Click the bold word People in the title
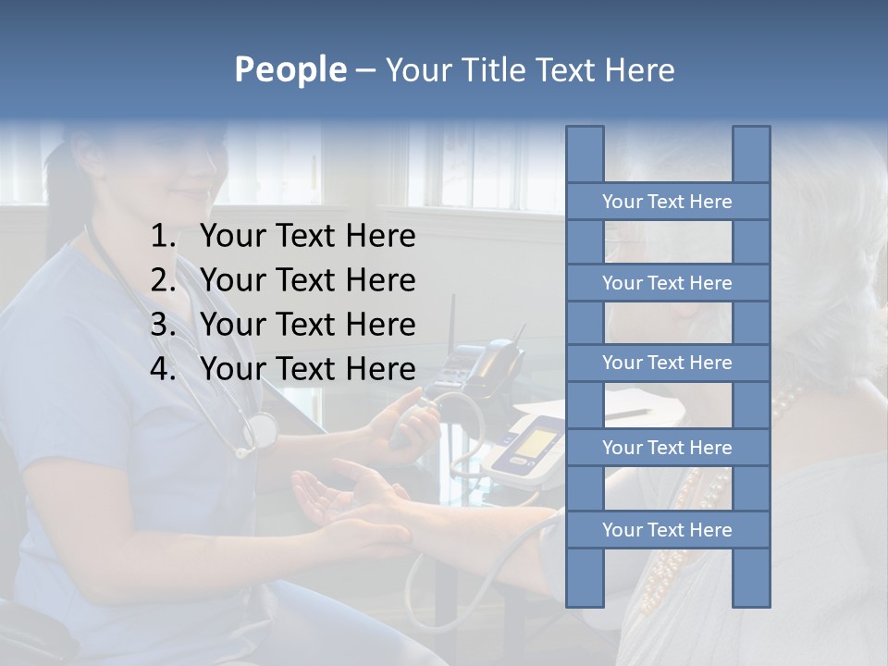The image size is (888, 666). [290, 69]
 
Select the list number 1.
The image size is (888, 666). [163, 237]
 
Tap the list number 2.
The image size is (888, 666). [163, 280]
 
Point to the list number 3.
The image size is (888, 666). [163, 325]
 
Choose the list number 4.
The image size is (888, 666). [163, 369]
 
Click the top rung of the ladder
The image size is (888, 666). [667, 202]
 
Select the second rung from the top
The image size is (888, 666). [667, 283]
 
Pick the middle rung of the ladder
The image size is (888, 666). [667, 363]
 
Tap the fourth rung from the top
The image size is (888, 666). [667, 448]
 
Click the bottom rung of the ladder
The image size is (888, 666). [667, 530]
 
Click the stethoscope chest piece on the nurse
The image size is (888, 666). [262, 429]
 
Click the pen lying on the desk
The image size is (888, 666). [629, 413]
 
